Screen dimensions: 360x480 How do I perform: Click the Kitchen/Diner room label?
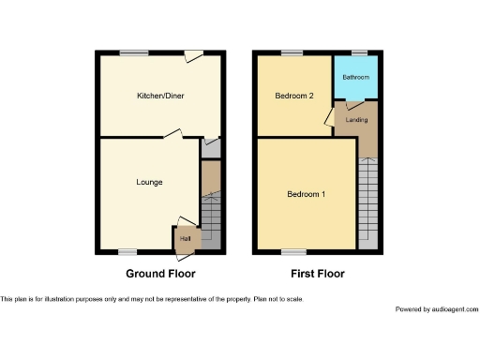click(x=158, y=96)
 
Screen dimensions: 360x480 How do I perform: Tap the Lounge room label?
click(x=150, y=182)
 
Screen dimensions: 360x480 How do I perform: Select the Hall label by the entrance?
click(x=185, y=240)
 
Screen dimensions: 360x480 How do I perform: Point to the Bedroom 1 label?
click(x=306, y=194)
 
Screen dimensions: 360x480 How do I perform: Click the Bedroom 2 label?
click(x=293, y=96)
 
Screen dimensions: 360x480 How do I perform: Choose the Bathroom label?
click(x=356, y=77)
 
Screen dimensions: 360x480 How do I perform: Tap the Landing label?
click(x=356, y=119)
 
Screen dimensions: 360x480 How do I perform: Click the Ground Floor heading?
click(x=160, y=274)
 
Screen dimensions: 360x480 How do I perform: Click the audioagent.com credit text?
click(x=437, y=309)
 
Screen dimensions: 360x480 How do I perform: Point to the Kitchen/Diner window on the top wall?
click(x=138, y=52)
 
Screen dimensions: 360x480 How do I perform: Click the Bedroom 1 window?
click(x=293, y=251)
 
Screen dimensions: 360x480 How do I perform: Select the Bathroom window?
click(x=358, y=52)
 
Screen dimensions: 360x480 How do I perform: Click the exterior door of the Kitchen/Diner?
click(x=194, y=56)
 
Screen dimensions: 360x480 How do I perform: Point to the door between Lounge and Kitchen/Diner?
click(x=172, y=135)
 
